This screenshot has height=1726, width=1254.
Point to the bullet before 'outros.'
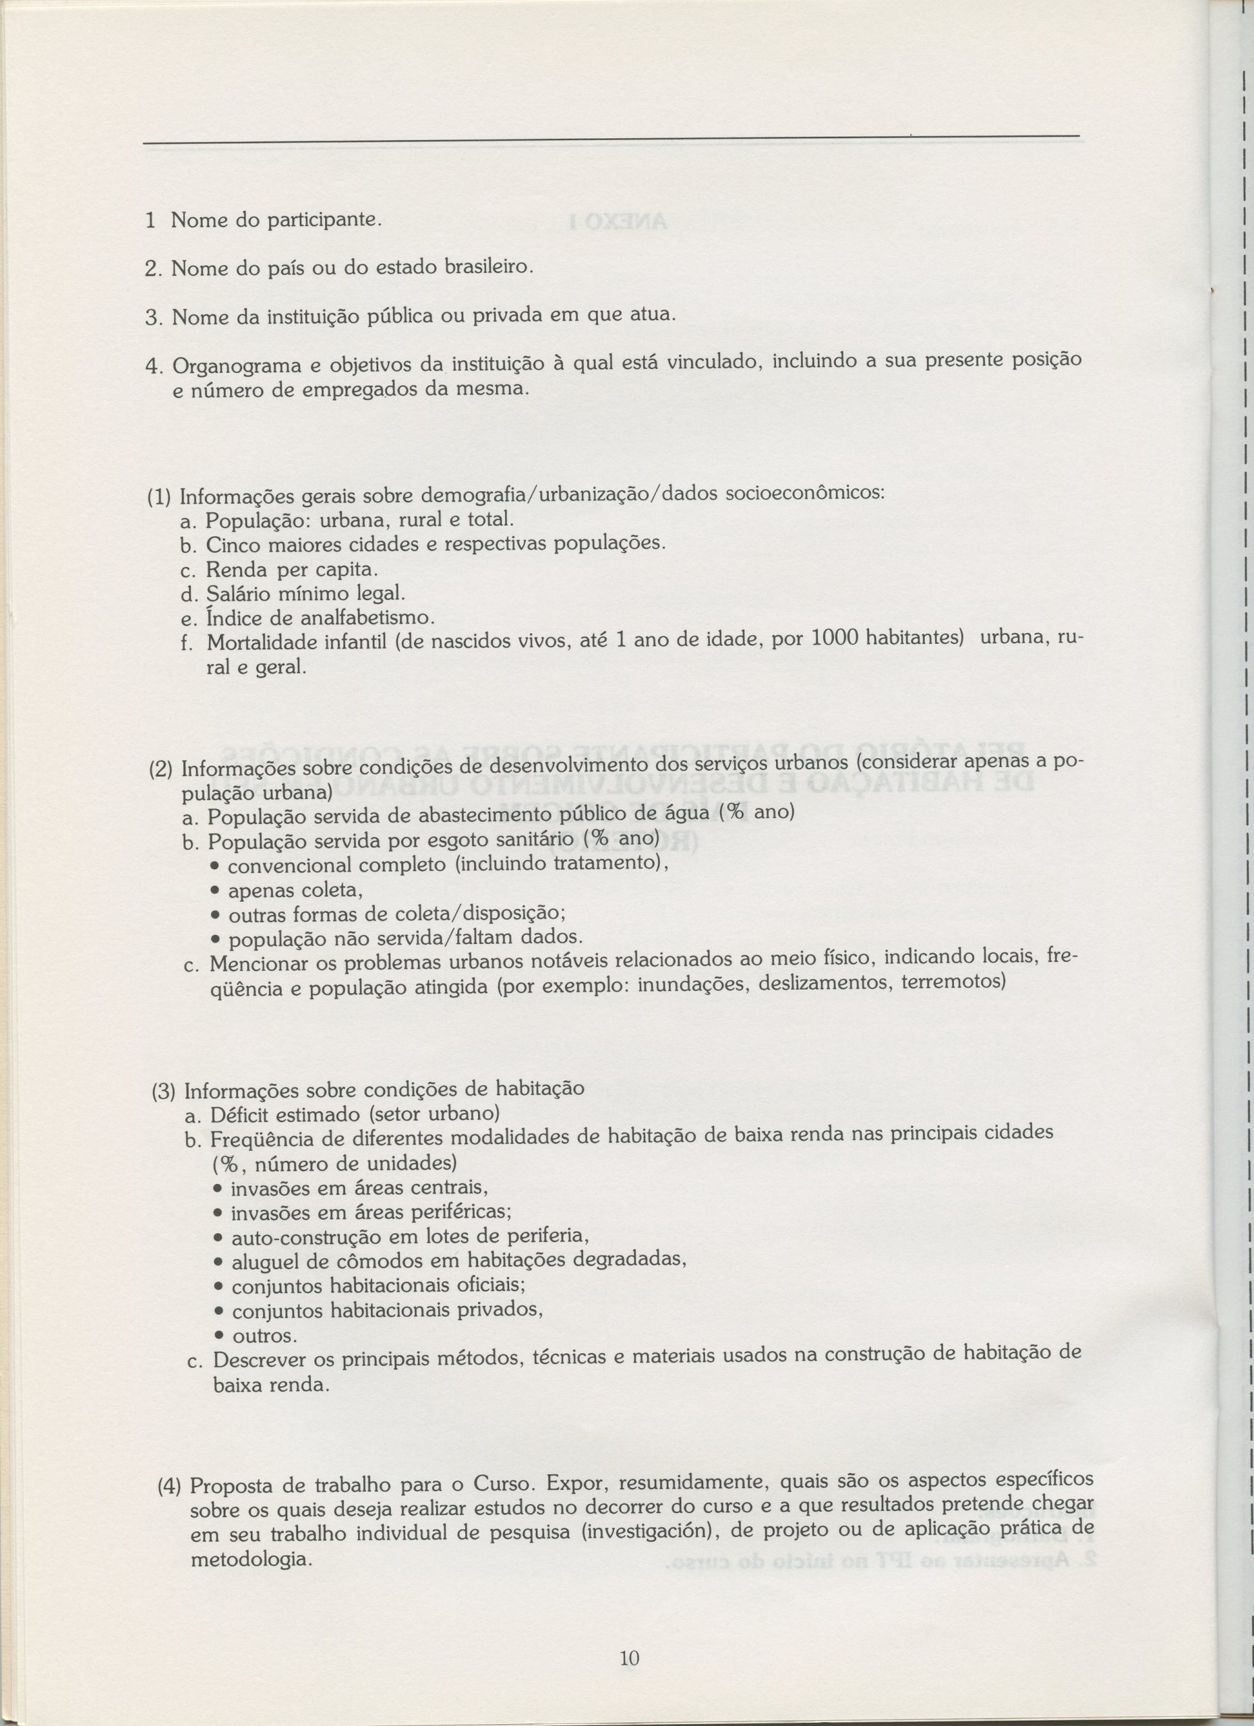219,1336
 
